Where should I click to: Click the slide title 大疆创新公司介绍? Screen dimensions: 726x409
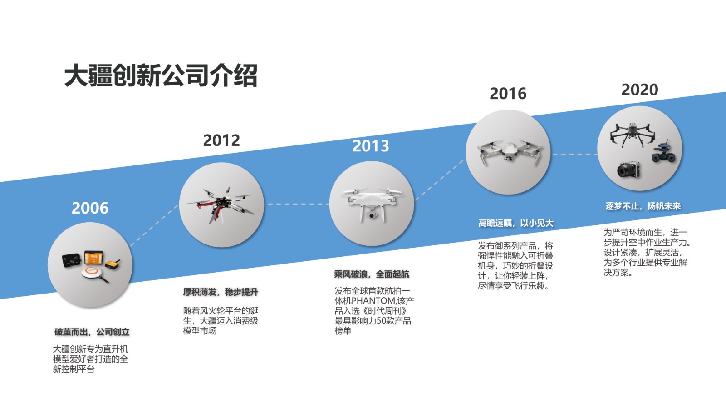pyautogui.click(x=161, y=75)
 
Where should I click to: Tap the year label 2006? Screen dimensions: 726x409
pyautogui.click(x=90, y=208)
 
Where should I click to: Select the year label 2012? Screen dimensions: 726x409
pyautogui.click(x=221, y=140)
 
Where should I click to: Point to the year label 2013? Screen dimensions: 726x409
pyautogui.click(x=371, y=146)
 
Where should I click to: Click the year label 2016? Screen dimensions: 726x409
pyautogui.click(x=508, y=94)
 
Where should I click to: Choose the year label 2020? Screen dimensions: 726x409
pyautogui.click(x=640, y=90)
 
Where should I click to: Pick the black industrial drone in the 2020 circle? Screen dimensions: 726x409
pyautogui.click(x=632, y=134)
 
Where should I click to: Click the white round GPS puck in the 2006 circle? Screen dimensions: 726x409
pyautogui.click(x=94, y=273)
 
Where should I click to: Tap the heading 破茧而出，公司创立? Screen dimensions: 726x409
pyautogui.click(x=92, y=332)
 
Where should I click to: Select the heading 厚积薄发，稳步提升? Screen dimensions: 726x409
pyautogui.click(x=221, y=292)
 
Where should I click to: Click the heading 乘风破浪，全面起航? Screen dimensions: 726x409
pyautogui.click(x=372, y=274)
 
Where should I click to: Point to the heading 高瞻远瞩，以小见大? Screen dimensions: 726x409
pyautogui.click(x=516, y=223)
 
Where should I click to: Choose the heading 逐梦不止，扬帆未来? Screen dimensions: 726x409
pyautogui.click(x=643, y=206)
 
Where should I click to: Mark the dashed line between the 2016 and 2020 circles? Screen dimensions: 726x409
pyautogui.click(x=575, y=154)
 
